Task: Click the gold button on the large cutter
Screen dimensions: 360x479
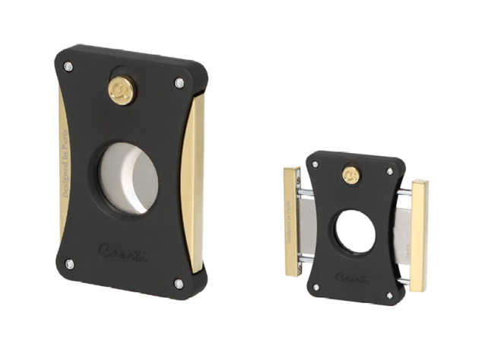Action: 120,91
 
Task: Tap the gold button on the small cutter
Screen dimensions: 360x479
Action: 352,174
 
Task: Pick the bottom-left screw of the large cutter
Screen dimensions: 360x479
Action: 69,264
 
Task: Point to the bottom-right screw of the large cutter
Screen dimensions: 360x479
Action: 179,283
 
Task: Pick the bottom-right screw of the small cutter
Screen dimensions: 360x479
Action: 389,295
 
